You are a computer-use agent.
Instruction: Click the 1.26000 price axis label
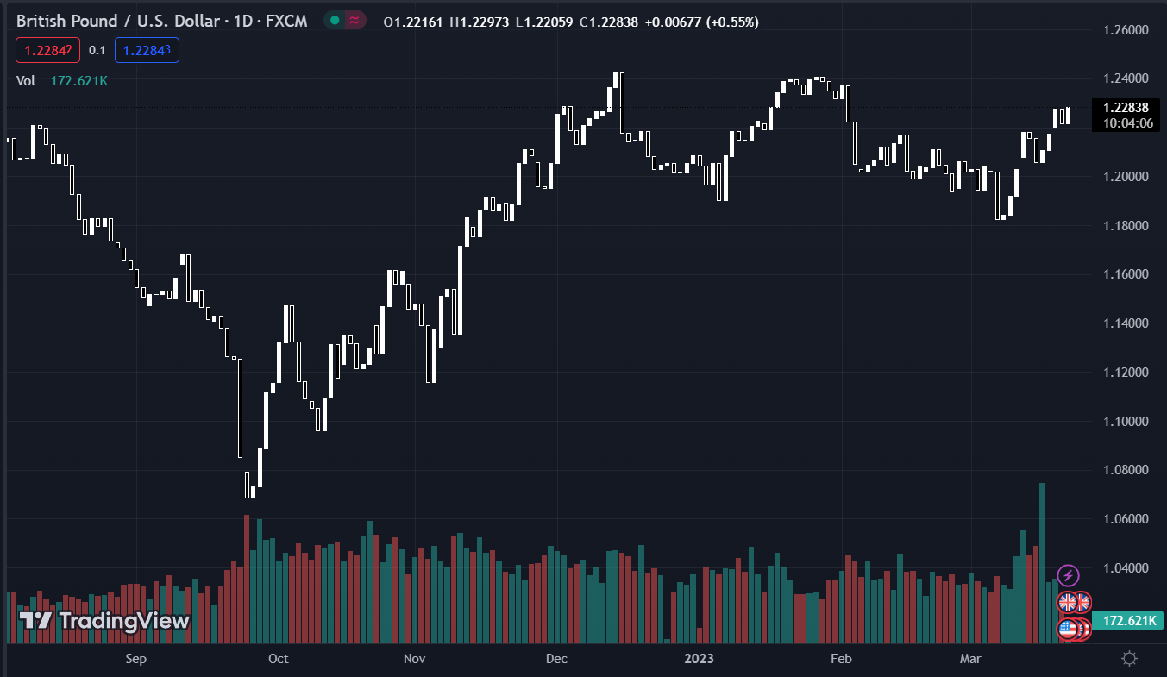pos(1126,30)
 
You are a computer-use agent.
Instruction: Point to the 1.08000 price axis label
pos(1126,470)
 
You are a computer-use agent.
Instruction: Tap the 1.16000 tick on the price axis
pos(1126,274)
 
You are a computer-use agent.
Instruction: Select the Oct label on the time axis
pos(279,659)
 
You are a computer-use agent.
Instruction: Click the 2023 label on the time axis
pos(699,659)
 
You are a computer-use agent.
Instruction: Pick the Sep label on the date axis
pos(135,659)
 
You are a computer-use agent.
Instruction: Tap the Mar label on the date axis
pos(971,659)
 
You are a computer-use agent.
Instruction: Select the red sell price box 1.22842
pos(47,50)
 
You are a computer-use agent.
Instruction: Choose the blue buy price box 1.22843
pos(147,50)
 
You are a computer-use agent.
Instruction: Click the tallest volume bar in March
pos(1042,561)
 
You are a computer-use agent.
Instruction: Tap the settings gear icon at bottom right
pos(1128,659)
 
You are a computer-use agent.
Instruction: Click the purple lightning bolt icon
pos(1068,575)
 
